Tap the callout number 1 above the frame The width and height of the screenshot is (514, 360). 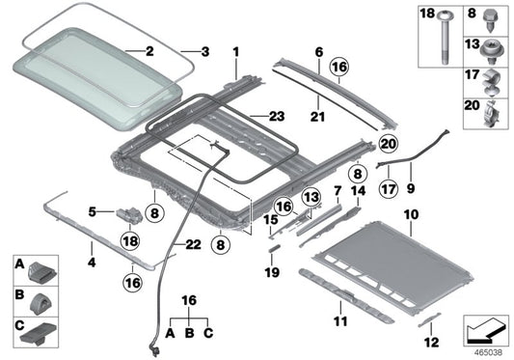[x=234, y=49]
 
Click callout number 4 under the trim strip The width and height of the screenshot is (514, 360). [x=92, y=261]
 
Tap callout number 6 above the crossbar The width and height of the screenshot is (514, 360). [x=317, y=49]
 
